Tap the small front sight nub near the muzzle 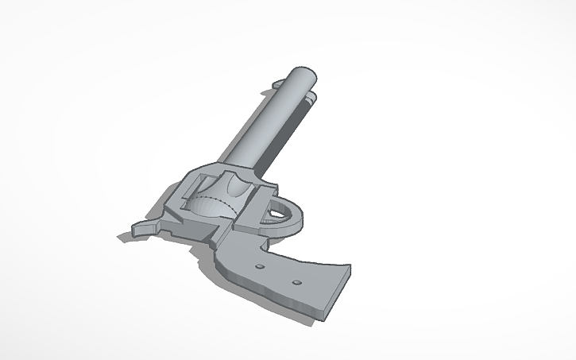point(279,83)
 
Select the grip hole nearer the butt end point(296,282)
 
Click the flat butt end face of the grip point(338,294)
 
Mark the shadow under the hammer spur point(127,237)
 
